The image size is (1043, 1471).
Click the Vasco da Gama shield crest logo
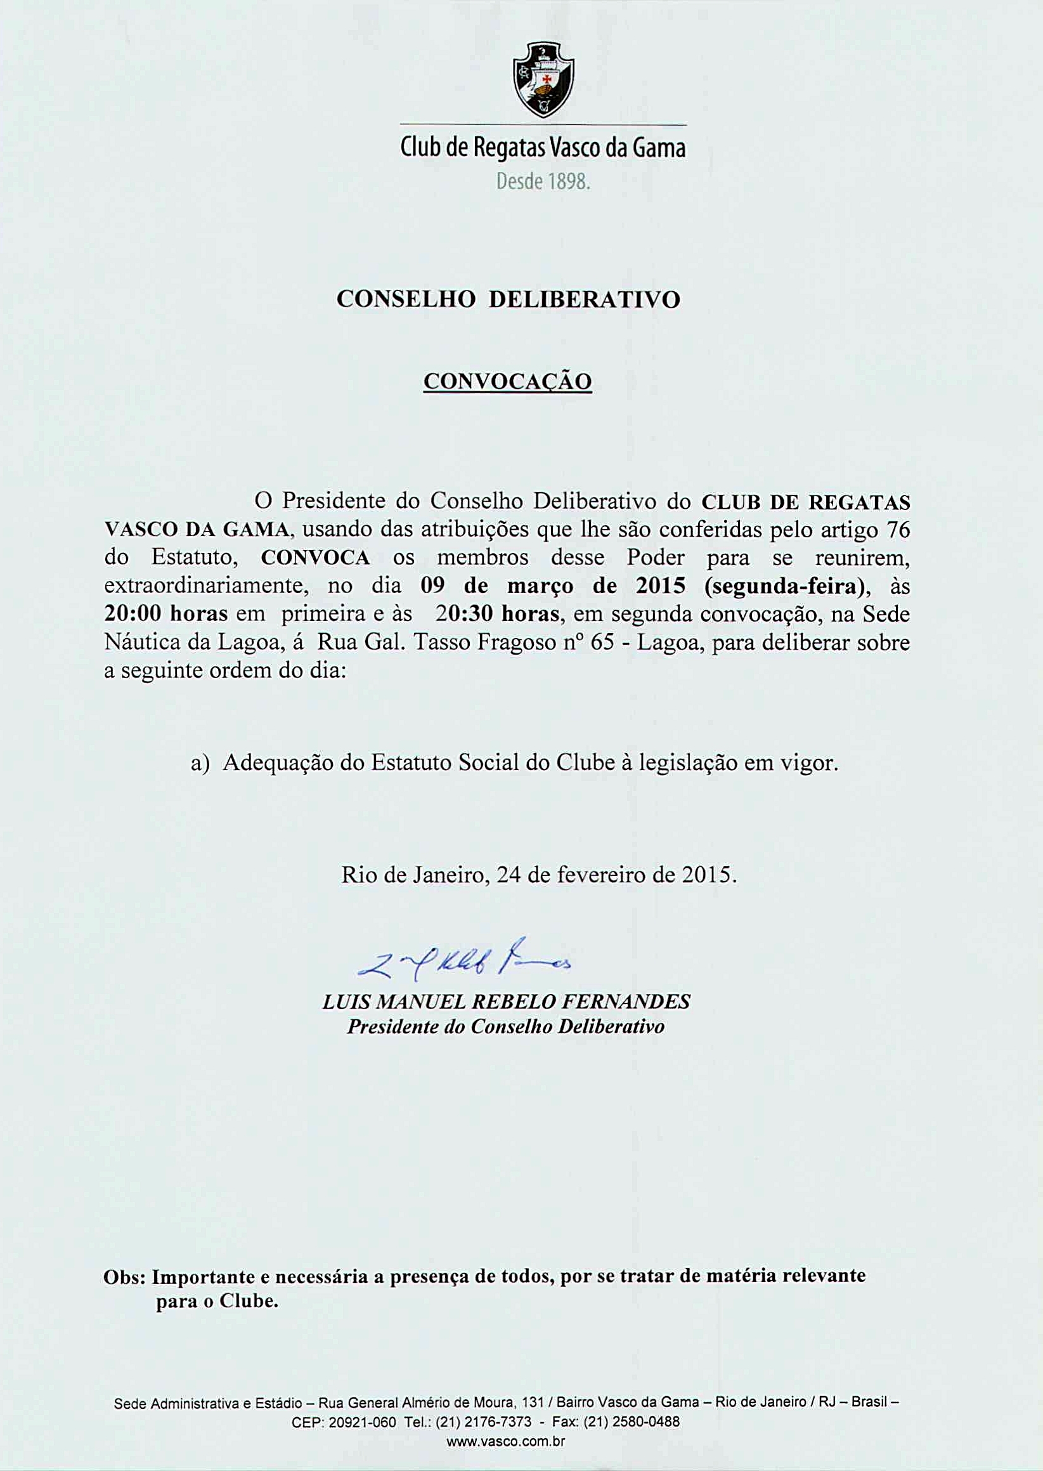click(543, 80)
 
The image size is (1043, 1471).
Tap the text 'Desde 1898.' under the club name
click(543, 184)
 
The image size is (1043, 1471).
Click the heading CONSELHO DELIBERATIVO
click(508, 299)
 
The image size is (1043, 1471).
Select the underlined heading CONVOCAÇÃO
click(507, 382)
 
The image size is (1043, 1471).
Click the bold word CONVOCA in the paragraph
click(315, 558)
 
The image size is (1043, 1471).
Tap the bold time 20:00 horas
click(165, 614)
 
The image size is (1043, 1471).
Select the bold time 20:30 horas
click(496, 614)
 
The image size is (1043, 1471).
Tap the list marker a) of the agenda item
click(200, 763)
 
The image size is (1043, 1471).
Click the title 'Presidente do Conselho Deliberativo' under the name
click(505, 1026)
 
